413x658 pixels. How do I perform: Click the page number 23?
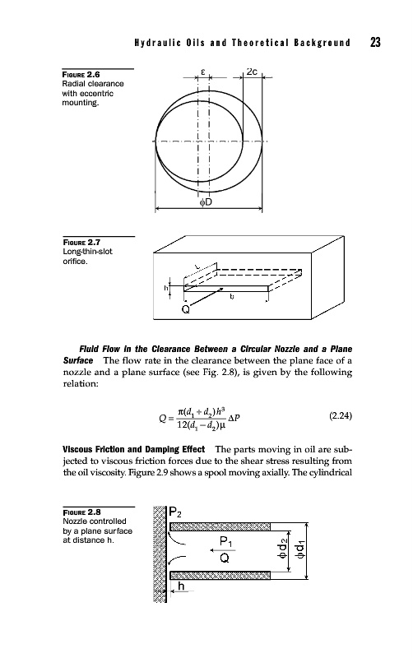375,43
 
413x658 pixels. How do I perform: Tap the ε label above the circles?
202,72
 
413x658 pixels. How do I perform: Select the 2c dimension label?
252,72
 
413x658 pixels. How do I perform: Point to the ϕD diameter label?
206,202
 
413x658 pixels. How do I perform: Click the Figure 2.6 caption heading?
81,75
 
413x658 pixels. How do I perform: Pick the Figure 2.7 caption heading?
81,242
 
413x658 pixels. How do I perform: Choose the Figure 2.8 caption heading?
81,512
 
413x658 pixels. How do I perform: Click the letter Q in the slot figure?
185,310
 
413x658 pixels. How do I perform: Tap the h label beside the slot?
165,288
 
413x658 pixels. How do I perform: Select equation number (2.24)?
341,416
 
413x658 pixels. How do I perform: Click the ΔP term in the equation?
234,418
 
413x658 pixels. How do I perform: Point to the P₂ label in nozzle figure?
175,512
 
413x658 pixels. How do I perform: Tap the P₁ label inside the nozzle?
225,542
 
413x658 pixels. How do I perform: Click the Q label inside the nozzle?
225,558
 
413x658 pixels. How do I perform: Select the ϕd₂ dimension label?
283,549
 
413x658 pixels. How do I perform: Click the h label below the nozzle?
181,586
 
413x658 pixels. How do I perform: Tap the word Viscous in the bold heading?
77,449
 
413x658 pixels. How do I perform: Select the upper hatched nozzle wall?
220,527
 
